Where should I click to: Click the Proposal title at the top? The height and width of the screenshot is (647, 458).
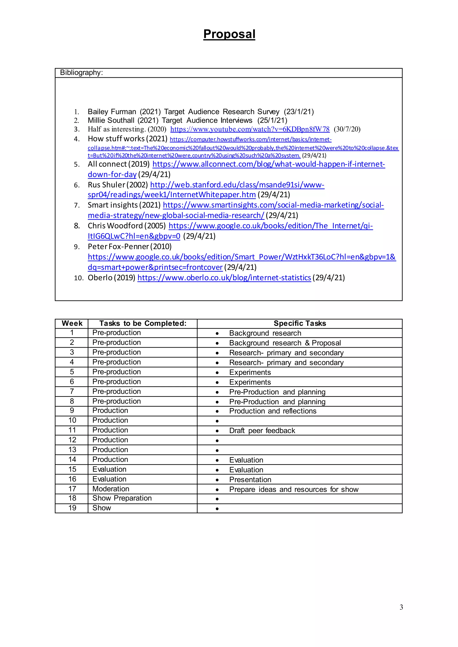pyautogui.click(x=229, y=34)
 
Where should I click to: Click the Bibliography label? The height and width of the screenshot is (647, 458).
pyautogui.click(x=81, y=73)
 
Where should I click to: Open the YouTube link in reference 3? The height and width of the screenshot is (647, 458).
pyautogui.click(x=250, y=129)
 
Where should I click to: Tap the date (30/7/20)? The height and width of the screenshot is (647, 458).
pyautogui.click(x=347, y=129)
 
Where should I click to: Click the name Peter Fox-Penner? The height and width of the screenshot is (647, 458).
pyautogui.click(x=118, y=247)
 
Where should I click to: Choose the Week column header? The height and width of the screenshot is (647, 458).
pyautogui.click(x=72, y=323)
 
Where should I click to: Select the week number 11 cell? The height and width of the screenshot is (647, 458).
pyautogui.click(x=72, y=430)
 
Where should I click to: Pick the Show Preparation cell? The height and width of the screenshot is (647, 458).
pyautogui.click(x=122, y=498)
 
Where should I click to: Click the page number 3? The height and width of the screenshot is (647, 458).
pyautogui.click(x=401, y=607)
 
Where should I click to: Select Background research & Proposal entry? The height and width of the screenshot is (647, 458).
pyautogui.click(x=285, y=343)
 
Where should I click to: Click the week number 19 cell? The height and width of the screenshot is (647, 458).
pyautogui.click(x=72, y=508)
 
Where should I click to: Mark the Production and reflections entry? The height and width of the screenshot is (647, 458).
pyautogui.click(x=272, y=411)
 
